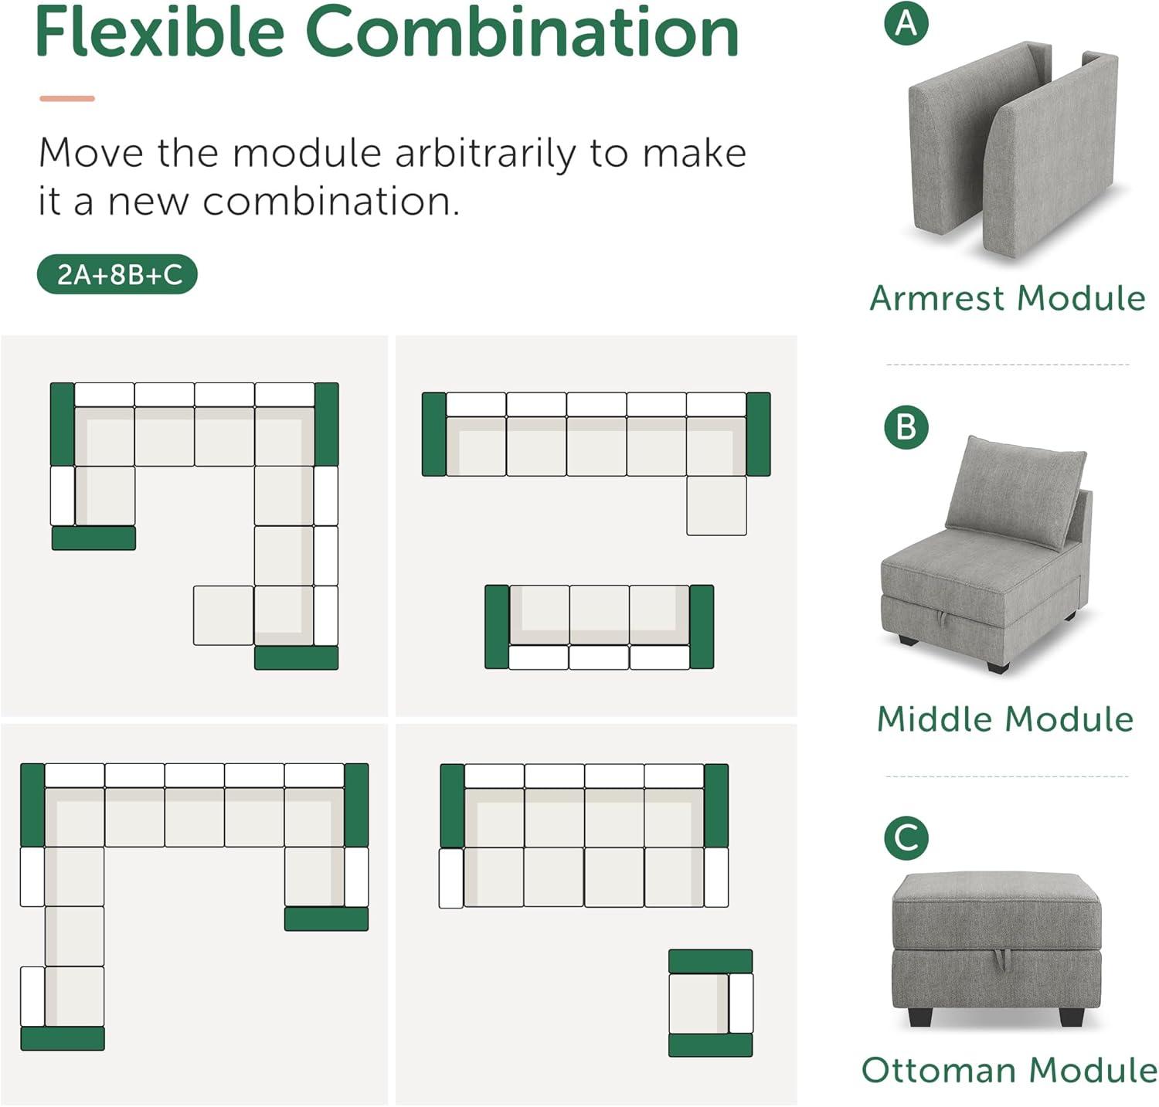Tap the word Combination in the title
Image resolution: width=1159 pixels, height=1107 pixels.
click(522, 32)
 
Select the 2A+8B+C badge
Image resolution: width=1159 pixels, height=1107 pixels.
click(117, 275)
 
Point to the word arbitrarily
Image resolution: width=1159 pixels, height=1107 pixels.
click(484, 153)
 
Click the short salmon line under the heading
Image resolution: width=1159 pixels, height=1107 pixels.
click(67, 99)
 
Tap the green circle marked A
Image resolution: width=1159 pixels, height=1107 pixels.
click(906, 23)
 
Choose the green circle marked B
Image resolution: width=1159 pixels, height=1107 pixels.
click(906, 427)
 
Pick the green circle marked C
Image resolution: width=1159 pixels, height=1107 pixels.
click(906, 839)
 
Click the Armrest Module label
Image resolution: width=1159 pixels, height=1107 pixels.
click(1008, 298)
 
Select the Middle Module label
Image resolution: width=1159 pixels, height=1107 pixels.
click(1005, 719)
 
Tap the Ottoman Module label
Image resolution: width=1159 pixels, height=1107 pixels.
click(1009, 1071)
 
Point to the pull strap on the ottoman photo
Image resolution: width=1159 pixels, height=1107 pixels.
click(1003, 959)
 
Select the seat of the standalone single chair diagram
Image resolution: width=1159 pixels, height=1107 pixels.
click(698, 1003)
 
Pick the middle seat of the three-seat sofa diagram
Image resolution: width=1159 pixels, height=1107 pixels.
click(599, 615)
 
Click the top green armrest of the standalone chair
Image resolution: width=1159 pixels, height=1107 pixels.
click(710, 961)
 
